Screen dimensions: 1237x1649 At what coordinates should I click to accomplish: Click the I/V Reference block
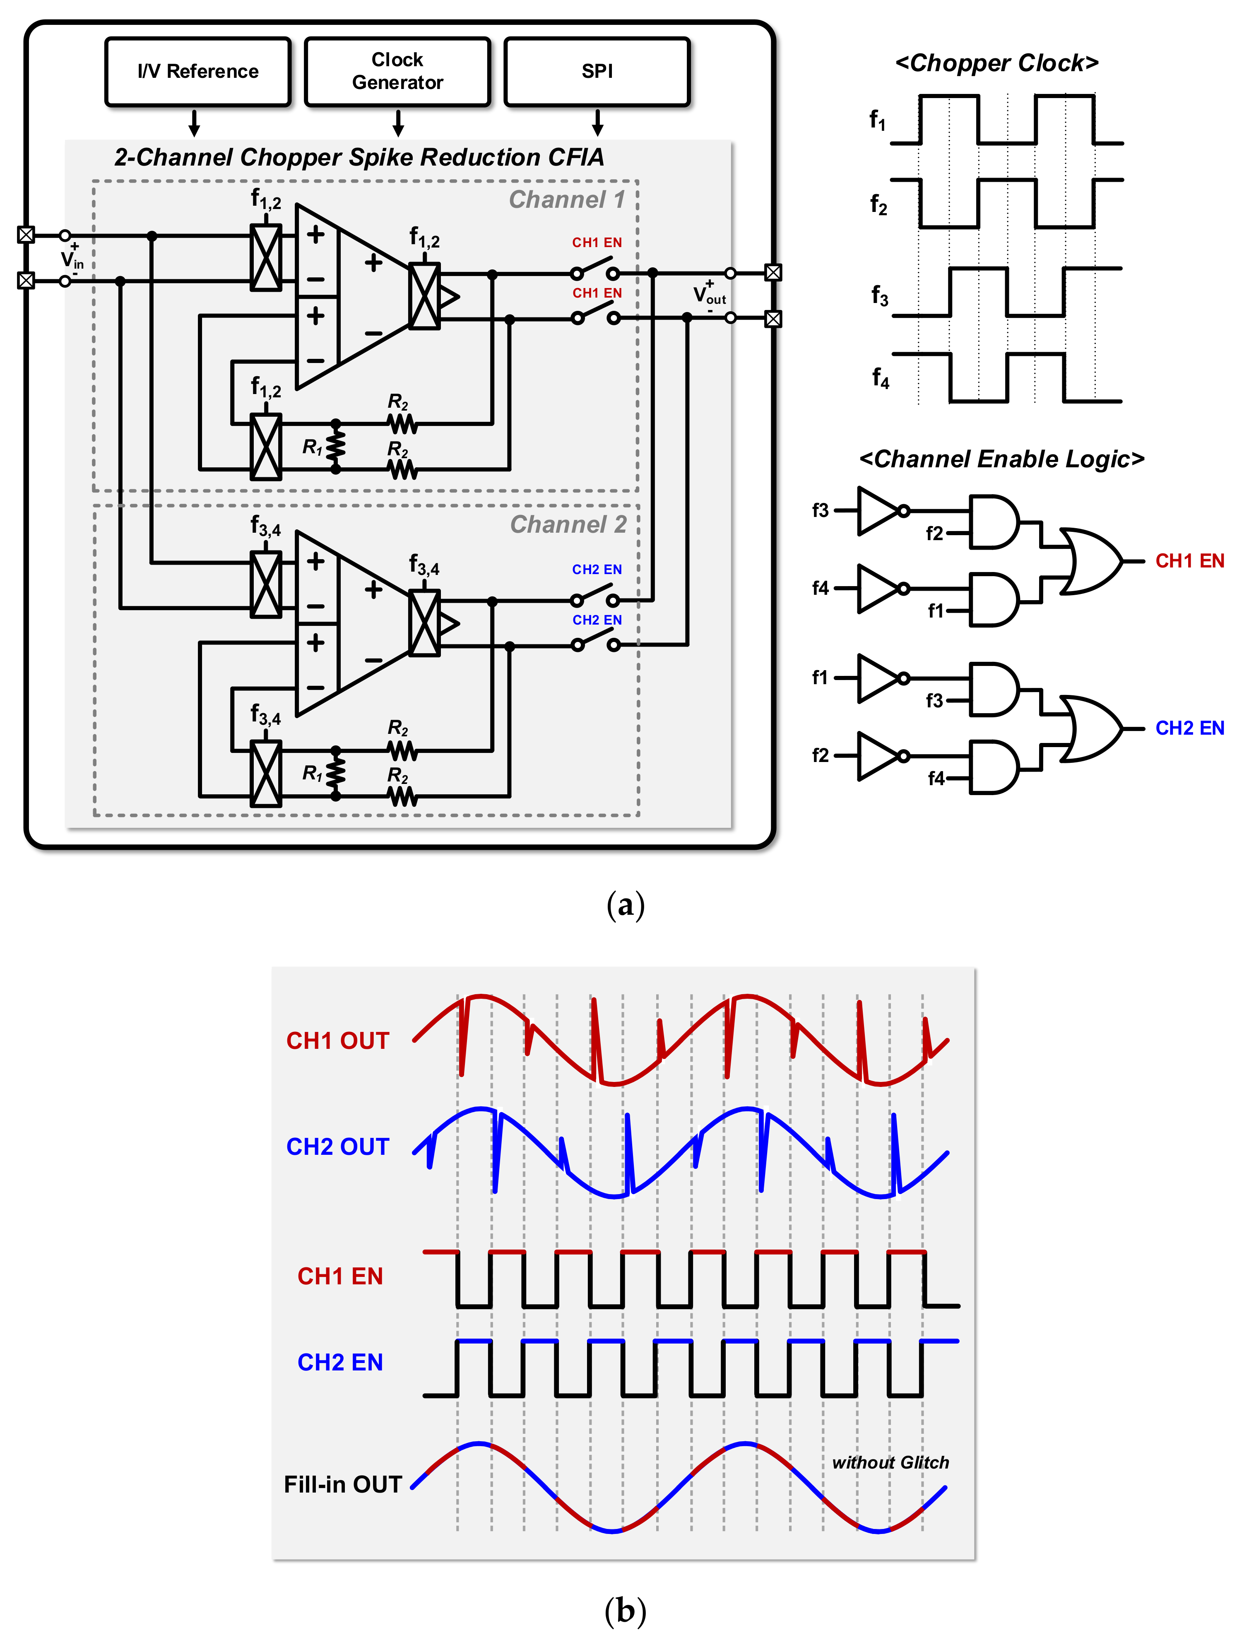[197, 72]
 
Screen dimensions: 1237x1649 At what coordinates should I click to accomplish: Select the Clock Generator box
[397, 72]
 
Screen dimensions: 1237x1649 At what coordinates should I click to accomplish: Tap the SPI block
[597, 72]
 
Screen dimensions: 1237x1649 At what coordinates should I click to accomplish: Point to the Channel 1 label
[567, 200]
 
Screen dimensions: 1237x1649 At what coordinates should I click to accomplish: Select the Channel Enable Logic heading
[1001, 459]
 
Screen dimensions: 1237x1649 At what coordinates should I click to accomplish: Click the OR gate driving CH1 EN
[1089, 561]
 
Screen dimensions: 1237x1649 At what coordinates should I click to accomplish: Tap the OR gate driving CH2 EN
[1089, 728]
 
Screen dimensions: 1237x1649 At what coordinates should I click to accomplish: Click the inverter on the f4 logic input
[880, 589]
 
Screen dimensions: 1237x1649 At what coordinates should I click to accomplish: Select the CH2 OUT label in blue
[338, 1147]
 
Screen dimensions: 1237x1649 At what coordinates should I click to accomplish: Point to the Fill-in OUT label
[342, 1484]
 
